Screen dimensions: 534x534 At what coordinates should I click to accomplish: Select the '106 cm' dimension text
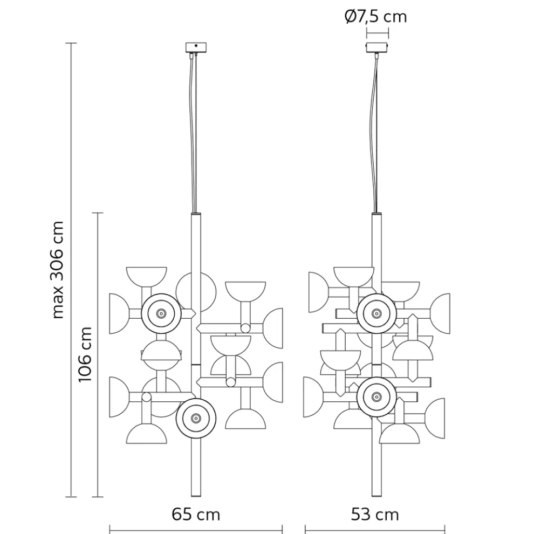pyautogui.click(x=85, y=354)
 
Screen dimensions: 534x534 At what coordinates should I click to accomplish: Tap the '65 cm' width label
pyautogui.click(x=196, y=514)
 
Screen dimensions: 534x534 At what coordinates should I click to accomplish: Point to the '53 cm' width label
pyautogui.click(x=375, y=514)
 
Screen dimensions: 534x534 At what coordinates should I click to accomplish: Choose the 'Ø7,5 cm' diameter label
pyautogui.click(x=375, y=16)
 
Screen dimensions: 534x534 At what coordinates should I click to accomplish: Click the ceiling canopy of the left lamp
pyautogui.click(x=196, y=47)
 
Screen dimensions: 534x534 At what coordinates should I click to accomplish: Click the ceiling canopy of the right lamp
pyautogui.click(x=377, y=47)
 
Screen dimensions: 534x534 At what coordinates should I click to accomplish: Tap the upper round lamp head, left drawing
pyautogui.click(x=160, y=313)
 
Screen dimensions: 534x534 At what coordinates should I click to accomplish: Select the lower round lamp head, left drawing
pyautogui.click(x=196, y=418)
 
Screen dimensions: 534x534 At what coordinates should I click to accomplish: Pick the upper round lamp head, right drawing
pyautogui.click(x=376, y=313)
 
